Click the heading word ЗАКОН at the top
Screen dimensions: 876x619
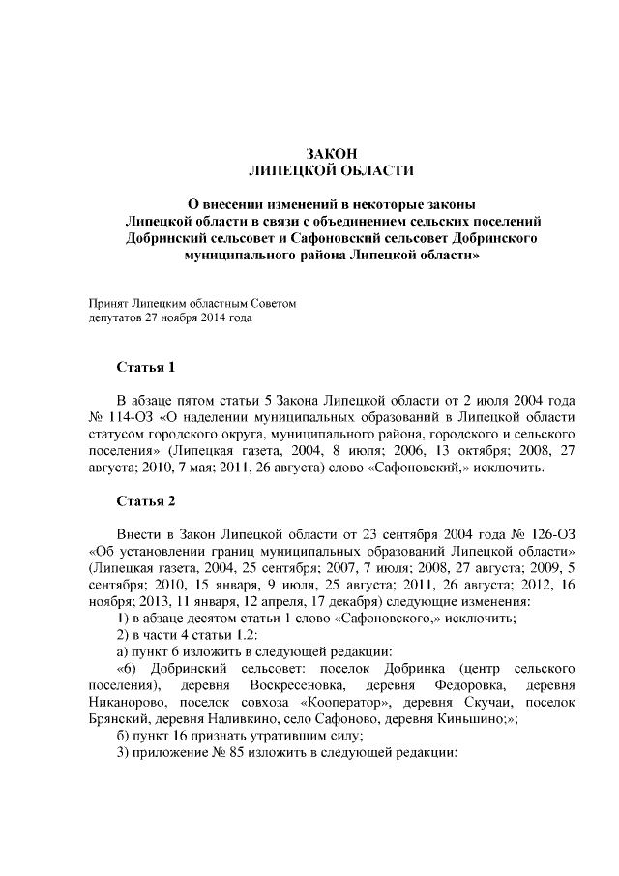click(x=332, y=154)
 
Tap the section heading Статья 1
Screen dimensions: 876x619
click(x=145, y=368)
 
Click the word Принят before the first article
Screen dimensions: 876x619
click(x=107, y=303)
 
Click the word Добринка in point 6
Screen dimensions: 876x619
click(x=409, y=669)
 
